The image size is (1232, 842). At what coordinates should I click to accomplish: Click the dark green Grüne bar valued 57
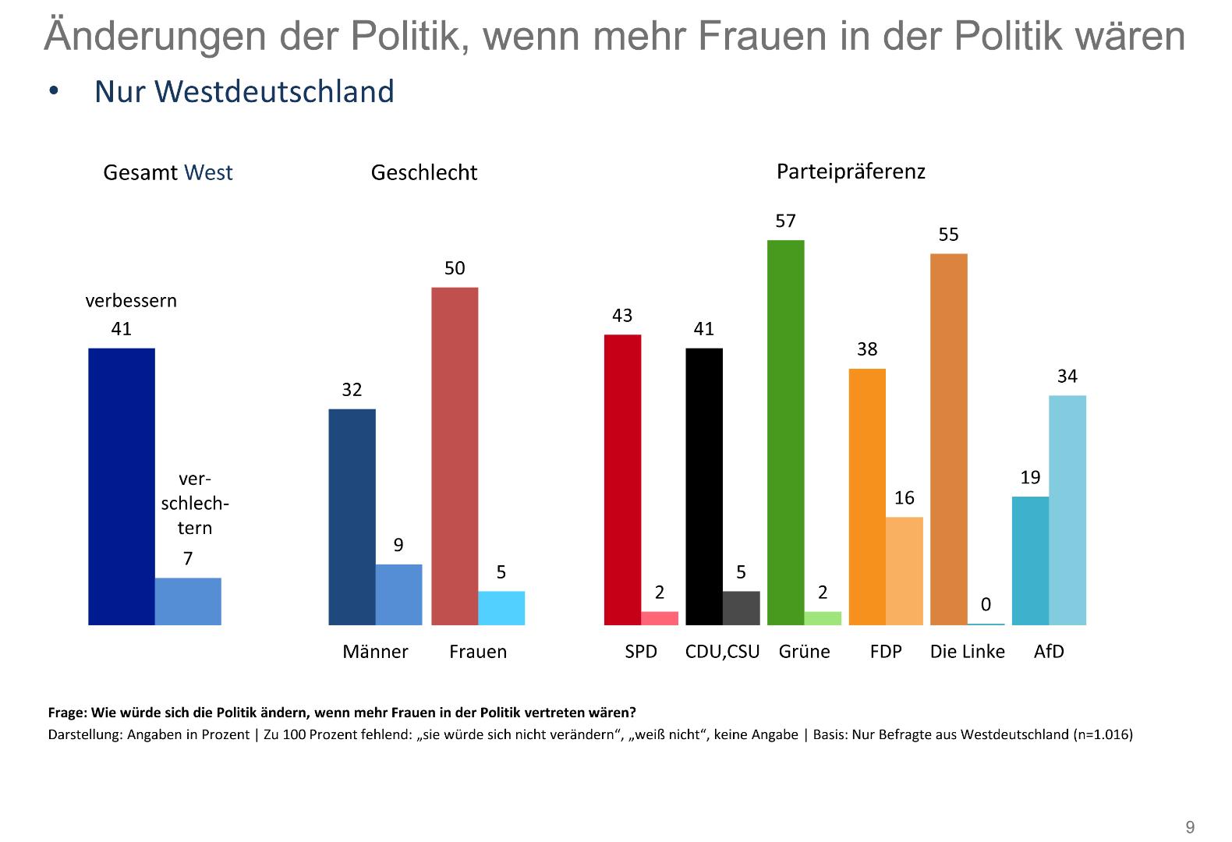coord(785,433)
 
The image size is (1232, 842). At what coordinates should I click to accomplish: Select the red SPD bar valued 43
coord(622,479)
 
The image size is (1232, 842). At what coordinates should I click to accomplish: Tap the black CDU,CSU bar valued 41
coord(703,486)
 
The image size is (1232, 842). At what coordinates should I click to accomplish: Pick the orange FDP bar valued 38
coord(867,497)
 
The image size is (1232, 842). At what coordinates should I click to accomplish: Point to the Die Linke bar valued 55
coord(948,439)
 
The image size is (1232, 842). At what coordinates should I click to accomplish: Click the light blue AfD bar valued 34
coord(1067,510)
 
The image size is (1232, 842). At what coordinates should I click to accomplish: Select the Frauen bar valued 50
coord(455,456)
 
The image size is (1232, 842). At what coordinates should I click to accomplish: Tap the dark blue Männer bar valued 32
coord(352,517)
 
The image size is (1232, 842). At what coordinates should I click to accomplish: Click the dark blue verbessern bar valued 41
coord(122,486)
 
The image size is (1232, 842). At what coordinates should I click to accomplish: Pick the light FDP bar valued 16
coord(904,571)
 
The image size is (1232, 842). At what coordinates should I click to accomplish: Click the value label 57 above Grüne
coord(785,221)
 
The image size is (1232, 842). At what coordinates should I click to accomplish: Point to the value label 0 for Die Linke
coord(986,605)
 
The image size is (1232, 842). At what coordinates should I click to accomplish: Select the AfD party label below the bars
coord(1049,652)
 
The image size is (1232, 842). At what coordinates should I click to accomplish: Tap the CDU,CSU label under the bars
coord(722,652)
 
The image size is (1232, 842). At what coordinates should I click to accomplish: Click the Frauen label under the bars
coord(478,652)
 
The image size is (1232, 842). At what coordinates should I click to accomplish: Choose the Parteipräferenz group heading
coord(851,172)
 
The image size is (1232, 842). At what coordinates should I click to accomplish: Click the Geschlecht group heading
coord(423,172)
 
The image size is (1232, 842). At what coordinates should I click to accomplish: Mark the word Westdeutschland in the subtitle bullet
coord(274,92)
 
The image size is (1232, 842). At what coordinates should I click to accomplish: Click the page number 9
coord(1190,827)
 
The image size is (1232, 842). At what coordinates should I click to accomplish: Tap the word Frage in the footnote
coord(66,713)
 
